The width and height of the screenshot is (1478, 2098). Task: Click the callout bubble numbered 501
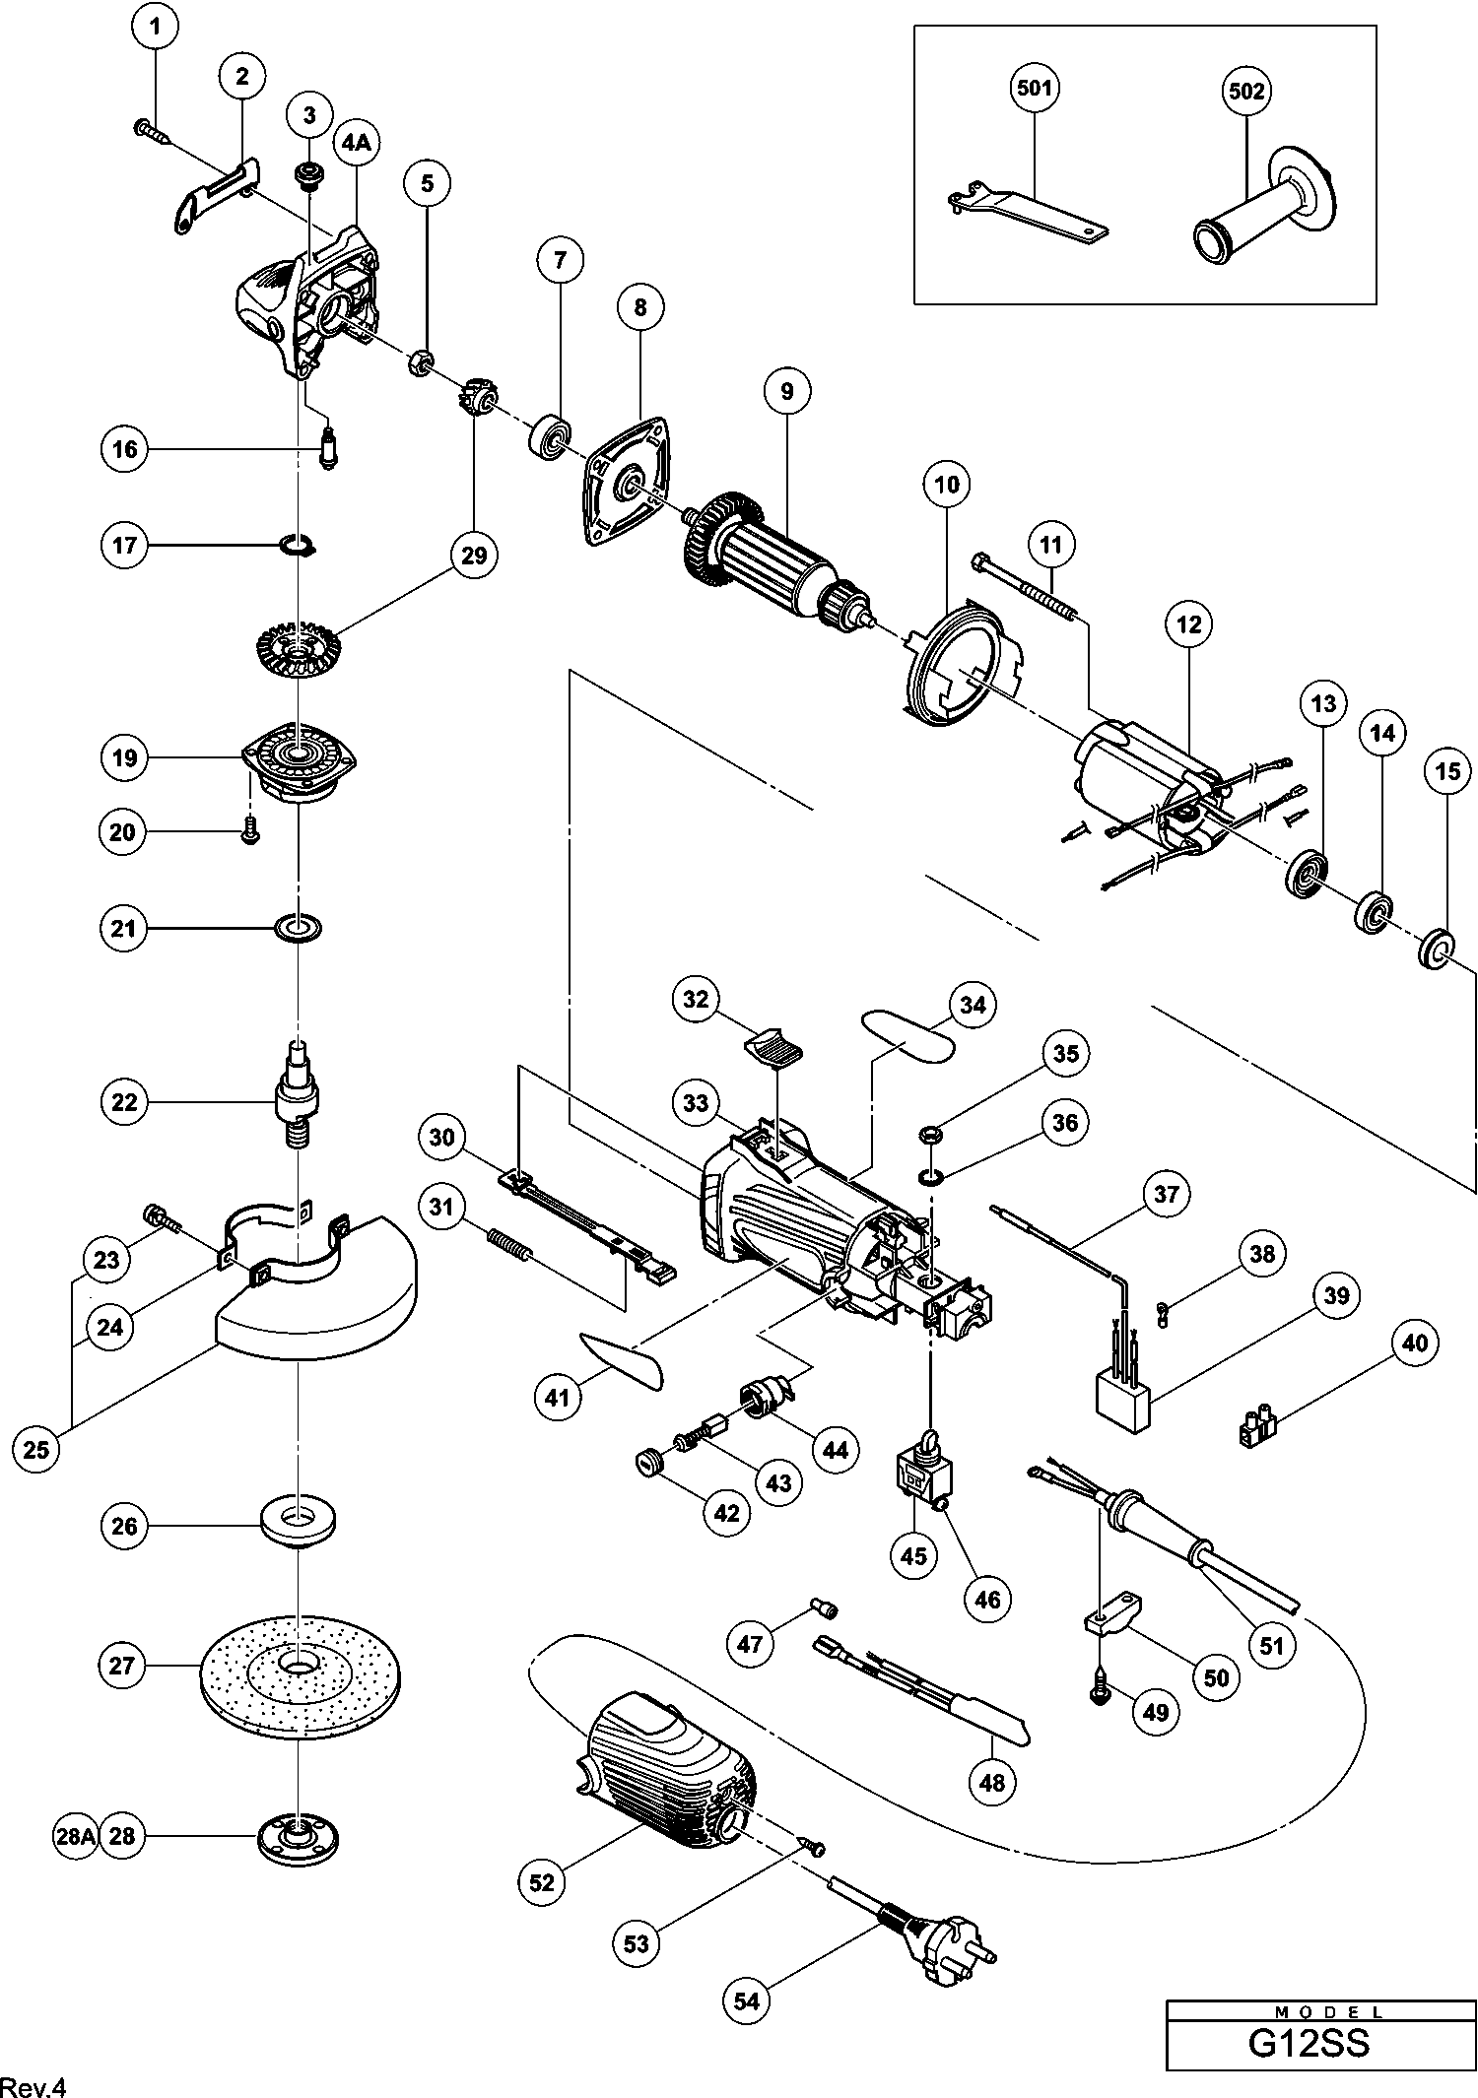coord(1034,89)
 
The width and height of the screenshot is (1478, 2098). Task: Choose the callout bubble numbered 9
coord(786,391)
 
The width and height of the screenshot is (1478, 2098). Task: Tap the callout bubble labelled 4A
coord(356,143)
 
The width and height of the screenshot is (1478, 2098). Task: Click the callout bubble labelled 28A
coord(75,1836)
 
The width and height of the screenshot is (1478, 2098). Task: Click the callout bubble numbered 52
coord(542,1882)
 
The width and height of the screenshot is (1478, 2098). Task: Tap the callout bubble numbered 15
coord(1447,771)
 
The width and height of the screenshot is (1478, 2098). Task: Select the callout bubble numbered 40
coord(1414,1343)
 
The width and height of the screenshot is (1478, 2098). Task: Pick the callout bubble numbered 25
coord(36,1449)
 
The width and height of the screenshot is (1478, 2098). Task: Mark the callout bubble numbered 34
coord(972,1005)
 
